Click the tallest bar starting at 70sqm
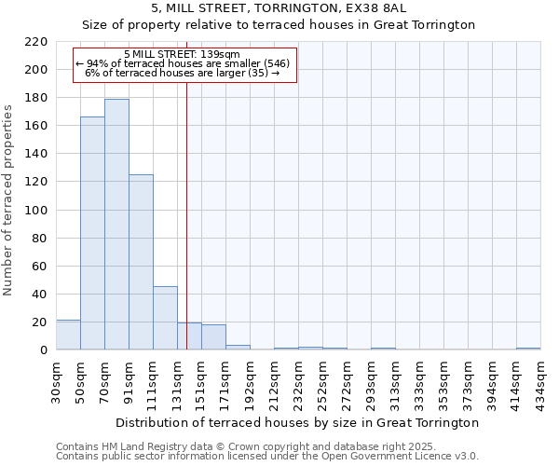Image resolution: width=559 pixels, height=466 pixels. coord(116,225)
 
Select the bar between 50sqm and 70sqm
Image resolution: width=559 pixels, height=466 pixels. coord(92,234)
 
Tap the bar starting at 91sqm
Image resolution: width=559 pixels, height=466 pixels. coord(141,262)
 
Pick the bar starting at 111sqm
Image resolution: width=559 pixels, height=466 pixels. coord(165,318)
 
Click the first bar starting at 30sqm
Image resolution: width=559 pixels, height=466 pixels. coord(68,335)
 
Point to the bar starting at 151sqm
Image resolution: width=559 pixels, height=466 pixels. coord(213,337)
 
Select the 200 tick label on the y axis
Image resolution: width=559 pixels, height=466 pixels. coord(36,70)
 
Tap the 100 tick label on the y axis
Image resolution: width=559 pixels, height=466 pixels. coord(36,211)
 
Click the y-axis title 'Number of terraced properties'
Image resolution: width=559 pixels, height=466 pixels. coord(8,200)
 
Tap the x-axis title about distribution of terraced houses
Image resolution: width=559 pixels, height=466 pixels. coord(298,422)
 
